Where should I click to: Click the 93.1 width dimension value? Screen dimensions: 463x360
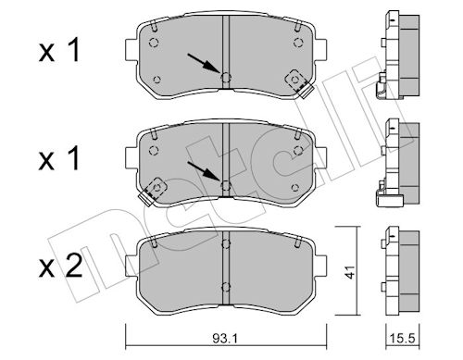225,339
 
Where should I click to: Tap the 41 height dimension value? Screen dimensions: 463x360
350,272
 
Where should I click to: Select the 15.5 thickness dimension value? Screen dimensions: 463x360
403,339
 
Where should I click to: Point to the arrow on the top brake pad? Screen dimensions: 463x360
204,64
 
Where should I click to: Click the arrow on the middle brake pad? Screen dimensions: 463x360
205,171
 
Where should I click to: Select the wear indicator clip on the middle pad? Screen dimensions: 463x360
153,192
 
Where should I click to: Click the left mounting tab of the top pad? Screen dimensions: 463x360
131,50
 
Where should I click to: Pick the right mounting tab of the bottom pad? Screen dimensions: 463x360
320,266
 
